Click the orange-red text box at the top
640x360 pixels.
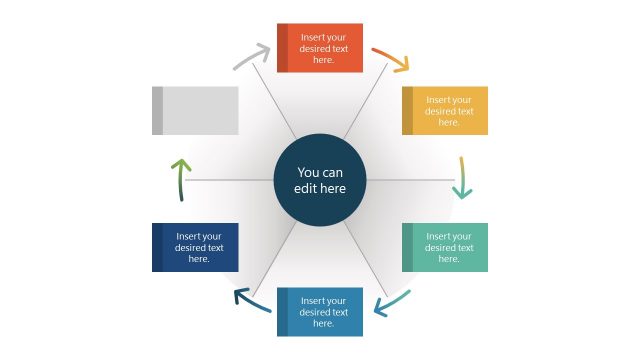point(320,48)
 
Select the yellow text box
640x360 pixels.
point(445,110)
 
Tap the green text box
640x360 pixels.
point(445,247)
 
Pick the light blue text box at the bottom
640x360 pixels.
point(320,311)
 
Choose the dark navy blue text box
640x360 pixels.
point(195,247)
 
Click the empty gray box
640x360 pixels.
point(196,110)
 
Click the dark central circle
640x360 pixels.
point(320,180)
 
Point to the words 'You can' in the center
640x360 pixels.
point(320,171)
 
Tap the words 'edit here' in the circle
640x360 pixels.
point(320,189)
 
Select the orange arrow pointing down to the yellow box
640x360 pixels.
point(391,59)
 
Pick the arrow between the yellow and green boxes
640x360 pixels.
point(462,178)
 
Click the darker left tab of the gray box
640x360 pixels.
point(157,110)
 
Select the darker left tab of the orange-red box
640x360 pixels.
point(282,48)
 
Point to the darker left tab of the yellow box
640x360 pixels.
point(407,110)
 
